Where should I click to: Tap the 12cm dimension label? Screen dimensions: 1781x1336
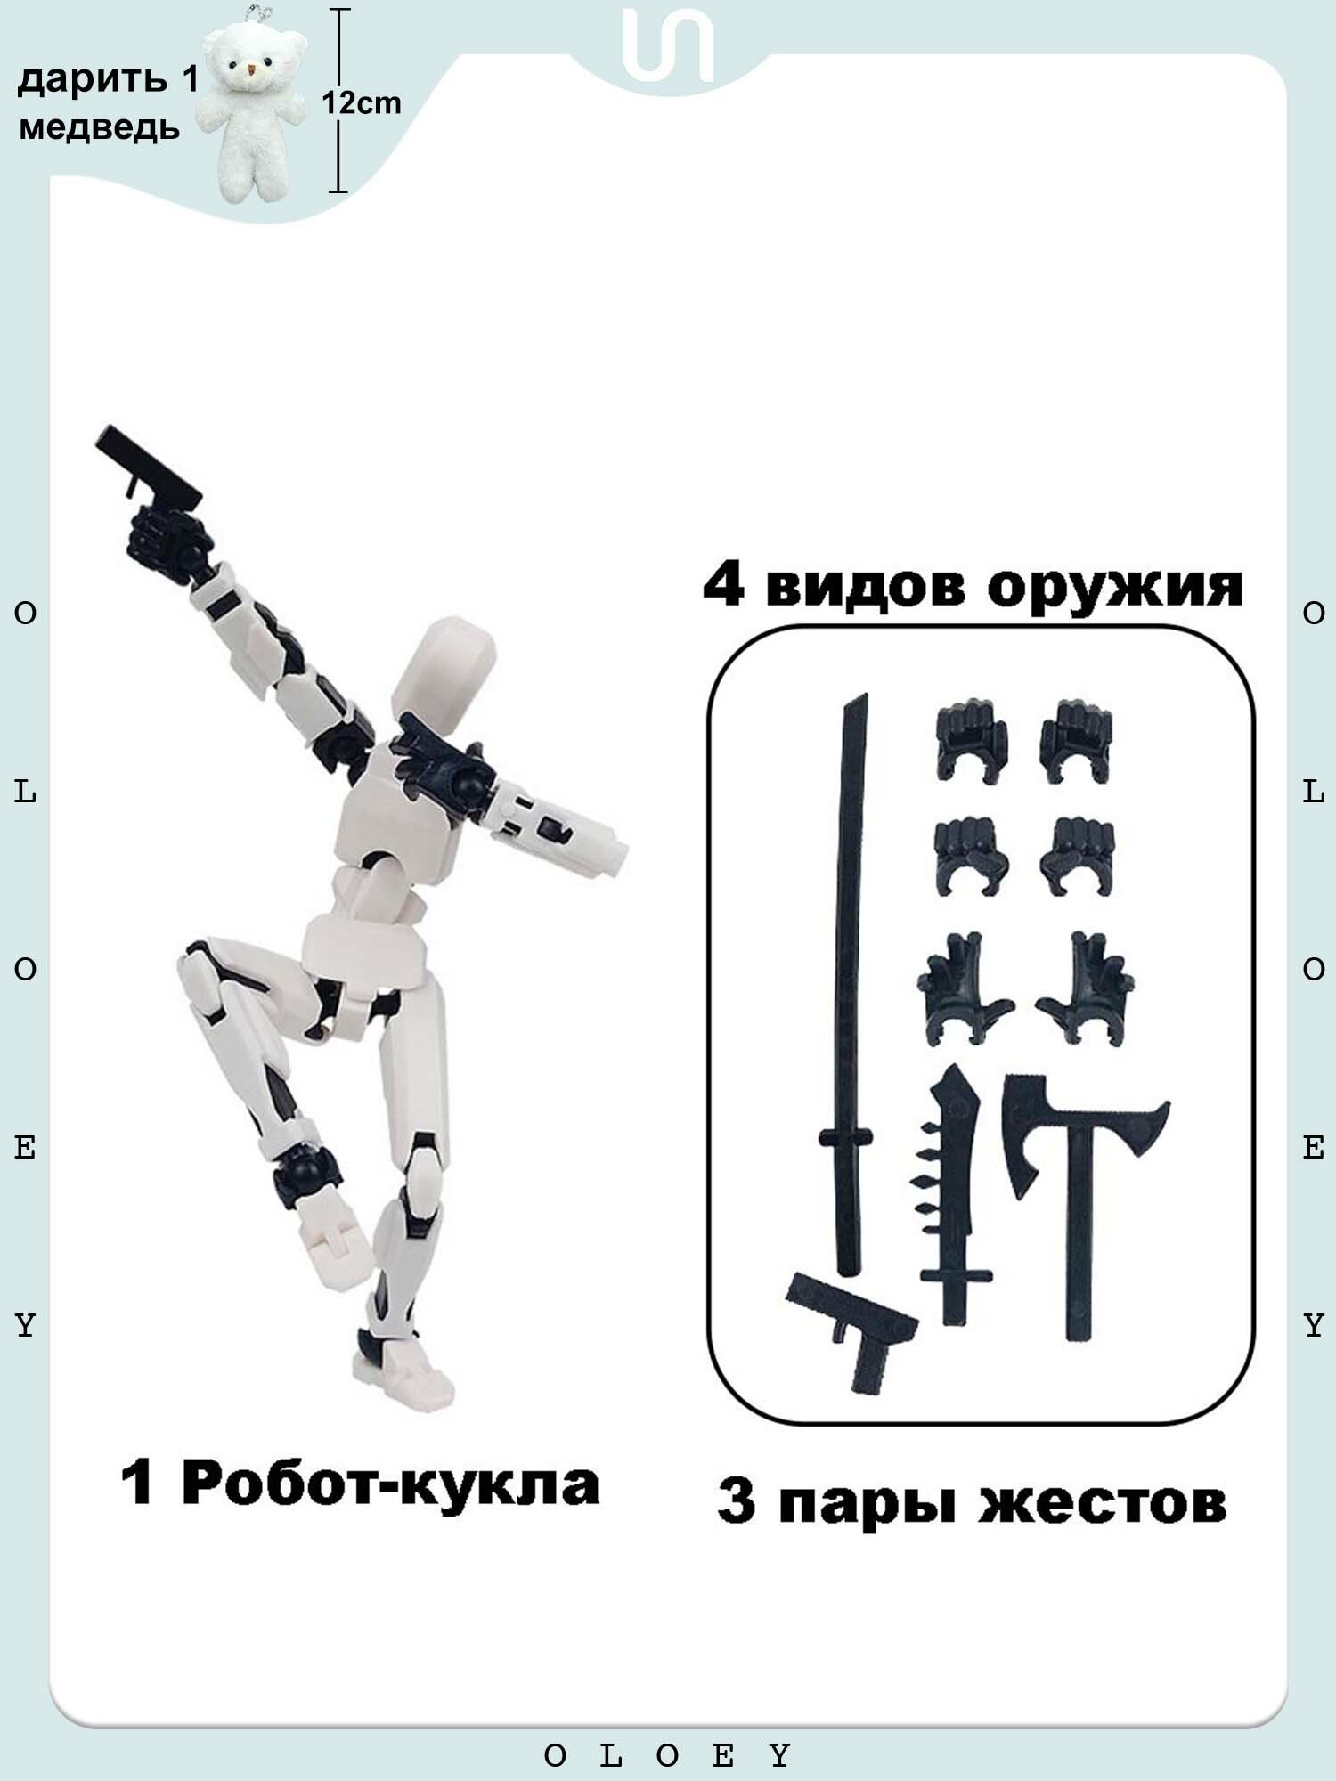tap(361, 103)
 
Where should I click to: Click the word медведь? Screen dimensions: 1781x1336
tap(99, 129)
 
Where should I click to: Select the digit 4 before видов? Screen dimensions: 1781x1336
tap(723, 585)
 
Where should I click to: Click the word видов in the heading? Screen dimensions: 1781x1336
tap(864, 587)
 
